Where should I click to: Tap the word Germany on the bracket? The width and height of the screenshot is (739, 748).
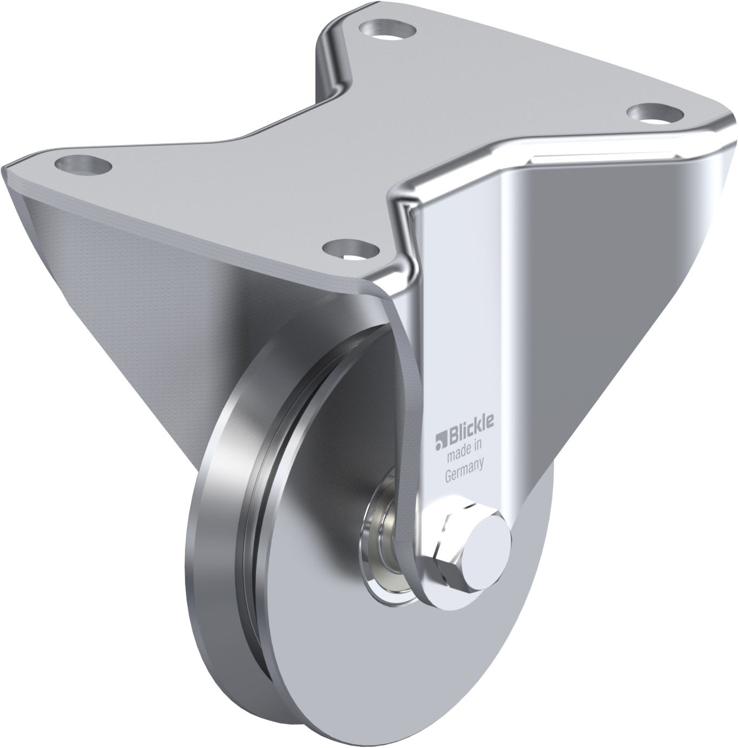(x=465, y=470)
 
